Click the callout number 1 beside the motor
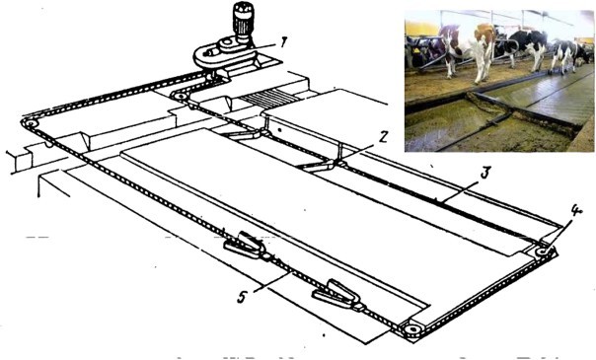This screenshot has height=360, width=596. [281, 43]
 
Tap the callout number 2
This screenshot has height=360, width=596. [384, 137]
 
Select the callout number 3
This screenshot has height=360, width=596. [485, 173]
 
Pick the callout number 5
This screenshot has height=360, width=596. [242, 297]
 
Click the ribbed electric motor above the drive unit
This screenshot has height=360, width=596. [242, 19]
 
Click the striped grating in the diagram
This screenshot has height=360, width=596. [269, 97]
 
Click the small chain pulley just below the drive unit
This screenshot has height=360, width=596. [181, 97]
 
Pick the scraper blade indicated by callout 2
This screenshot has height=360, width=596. [320, 165]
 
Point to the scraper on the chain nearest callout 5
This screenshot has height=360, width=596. [245, 245]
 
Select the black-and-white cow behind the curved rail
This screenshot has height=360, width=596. [527, 47]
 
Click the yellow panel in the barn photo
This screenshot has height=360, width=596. [421, 28]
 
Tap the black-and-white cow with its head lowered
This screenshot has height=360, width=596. [569, 55]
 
